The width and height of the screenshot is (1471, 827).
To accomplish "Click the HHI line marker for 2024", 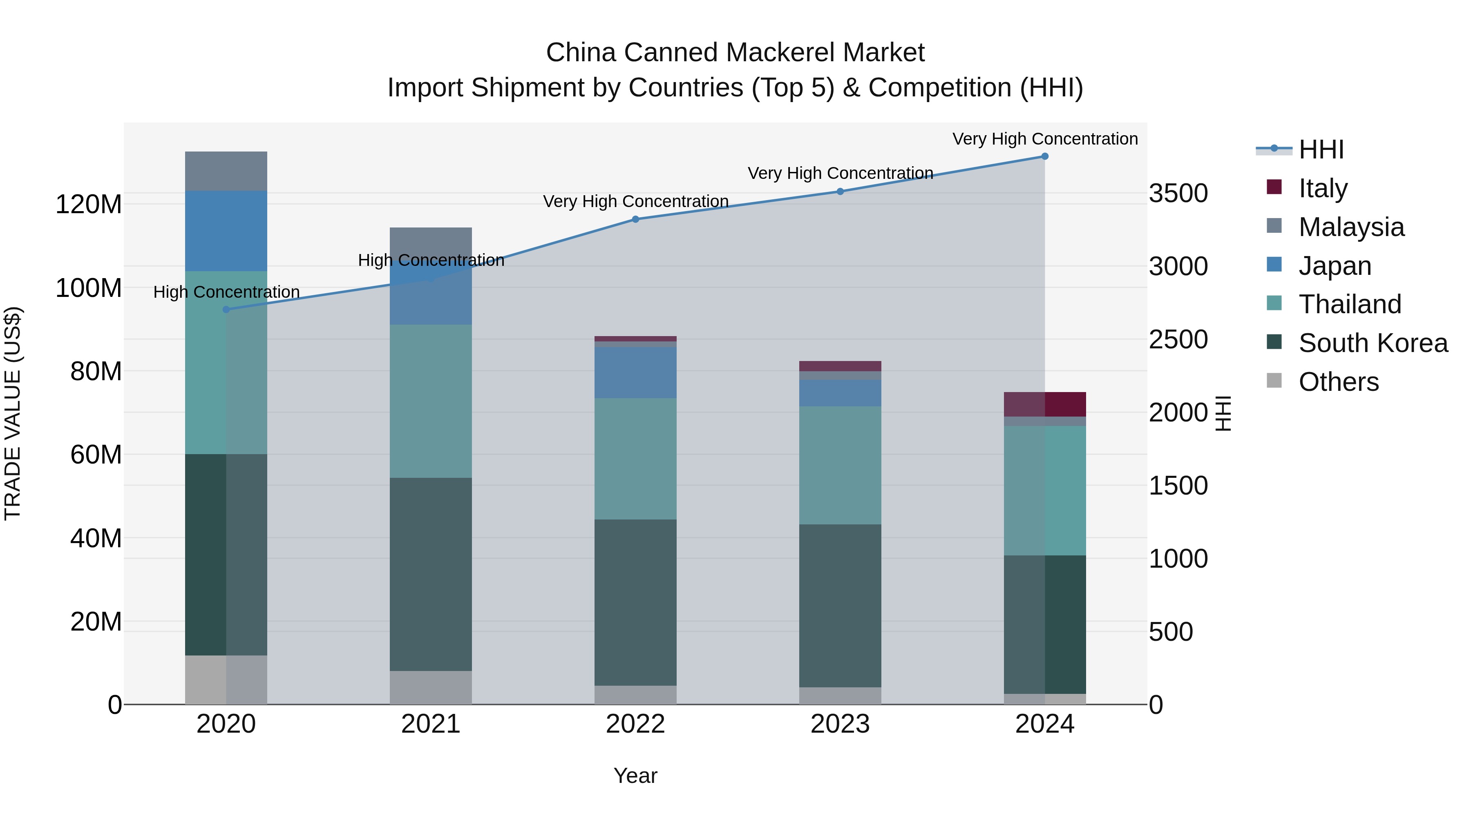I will point(1044,156).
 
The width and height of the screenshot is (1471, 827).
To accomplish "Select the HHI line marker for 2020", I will point(226,309).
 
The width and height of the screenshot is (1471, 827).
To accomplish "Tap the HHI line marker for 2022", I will point(635,219).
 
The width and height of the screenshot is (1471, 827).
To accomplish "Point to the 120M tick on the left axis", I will point(89,204).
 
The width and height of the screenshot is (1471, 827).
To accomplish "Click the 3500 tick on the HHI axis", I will point(1178,194).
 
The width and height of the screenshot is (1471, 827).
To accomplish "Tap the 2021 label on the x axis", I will point(431,724).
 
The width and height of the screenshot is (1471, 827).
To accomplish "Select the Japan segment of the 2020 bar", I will point(226,231).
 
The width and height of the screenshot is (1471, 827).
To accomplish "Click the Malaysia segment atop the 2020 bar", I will point(226,171).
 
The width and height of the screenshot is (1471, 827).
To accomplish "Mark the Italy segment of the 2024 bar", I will point(1044,404).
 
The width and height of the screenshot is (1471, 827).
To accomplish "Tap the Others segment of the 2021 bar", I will point(431,687).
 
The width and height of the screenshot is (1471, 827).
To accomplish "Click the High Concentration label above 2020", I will point(226,292).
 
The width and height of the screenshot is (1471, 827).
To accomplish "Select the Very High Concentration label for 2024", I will point(1044,139).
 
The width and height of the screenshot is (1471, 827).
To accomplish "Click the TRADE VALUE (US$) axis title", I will point(13,413).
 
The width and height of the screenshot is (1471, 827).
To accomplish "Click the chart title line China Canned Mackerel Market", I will point(735,53).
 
